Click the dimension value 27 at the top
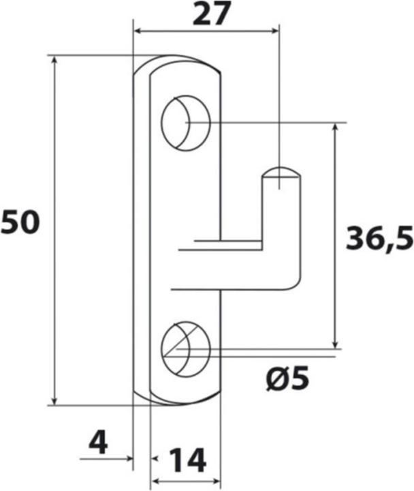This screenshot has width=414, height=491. click(209, 14)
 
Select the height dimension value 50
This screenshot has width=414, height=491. click(21, 223)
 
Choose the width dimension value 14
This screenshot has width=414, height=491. click(187, 461)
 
